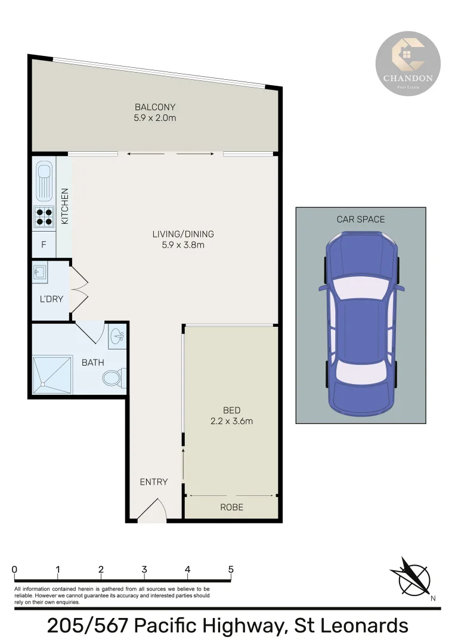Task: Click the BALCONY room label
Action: coord(155,107)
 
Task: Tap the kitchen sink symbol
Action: coord(44,181)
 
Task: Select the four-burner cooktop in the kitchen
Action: coord(44,216)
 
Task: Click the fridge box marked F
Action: coord(44,245)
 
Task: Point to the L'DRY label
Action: coord(51,299)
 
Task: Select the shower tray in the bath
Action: coord(51,374)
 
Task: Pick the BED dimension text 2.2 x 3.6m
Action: coord(231,421)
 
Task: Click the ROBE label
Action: coord(231,507)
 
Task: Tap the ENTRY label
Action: coord(154,482)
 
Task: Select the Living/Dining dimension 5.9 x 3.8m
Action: coord(183,244)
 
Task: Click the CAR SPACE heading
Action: coord(361,219)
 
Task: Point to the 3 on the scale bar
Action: coord(144,569)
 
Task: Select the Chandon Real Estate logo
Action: coord(408,63)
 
